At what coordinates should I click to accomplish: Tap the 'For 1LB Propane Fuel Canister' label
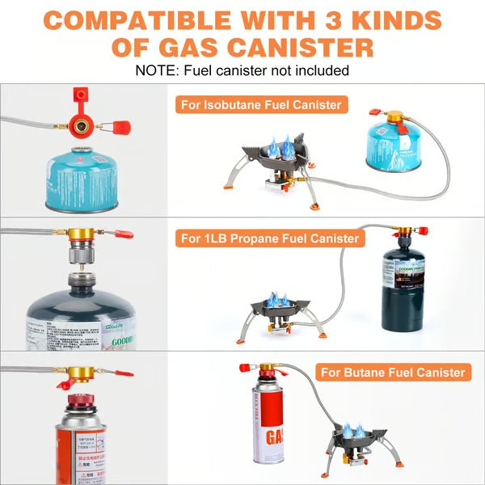coord(269,238)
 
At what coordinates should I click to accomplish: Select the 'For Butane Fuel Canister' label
coord(394,372)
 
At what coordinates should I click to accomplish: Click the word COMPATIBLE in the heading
coord(152,19)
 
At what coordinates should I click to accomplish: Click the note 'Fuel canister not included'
coord(242,70)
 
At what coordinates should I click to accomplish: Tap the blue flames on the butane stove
coord(352,429)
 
